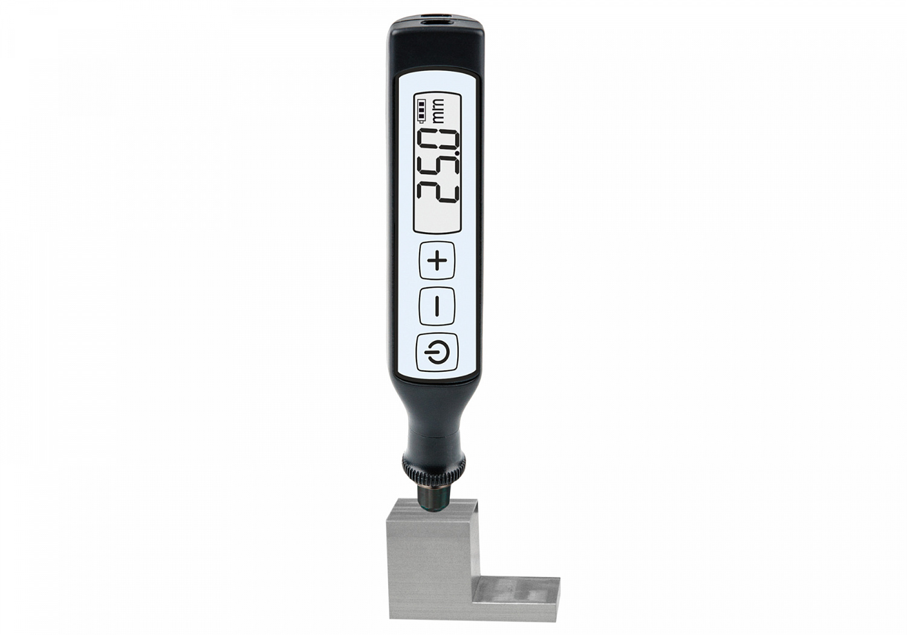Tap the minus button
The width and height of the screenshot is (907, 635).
pyautogui.click(x=437, y=306)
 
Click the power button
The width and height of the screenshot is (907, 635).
pyautogui.click(x=437, y=353)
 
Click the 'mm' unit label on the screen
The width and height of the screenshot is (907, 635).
pyautogui.click(x=438, y=111)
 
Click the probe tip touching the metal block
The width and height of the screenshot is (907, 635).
pyautogui.click(x=434, y=500)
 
